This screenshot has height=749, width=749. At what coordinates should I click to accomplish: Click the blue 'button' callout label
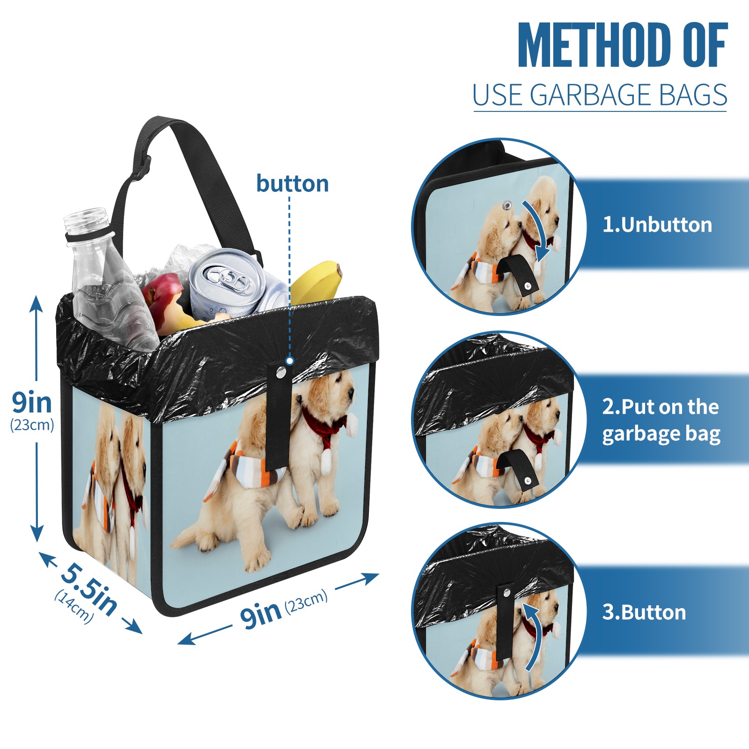(x=293, y=184)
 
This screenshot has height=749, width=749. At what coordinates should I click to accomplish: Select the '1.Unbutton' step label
(x=657, y=225)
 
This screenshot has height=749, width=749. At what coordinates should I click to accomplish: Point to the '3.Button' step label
(x=644, y=612)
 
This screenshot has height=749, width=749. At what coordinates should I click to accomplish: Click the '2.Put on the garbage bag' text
(x=661, y=420)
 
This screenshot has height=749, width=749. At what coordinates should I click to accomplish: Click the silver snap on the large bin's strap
(x=281, y=373)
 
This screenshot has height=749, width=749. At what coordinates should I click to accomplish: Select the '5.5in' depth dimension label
(x=89, y=588)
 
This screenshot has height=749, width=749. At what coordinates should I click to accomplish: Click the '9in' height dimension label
(x=32, y=402)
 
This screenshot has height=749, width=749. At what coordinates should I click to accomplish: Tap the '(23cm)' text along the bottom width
(x=307, y=602)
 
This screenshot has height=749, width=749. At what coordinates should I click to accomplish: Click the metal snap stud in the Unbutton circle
(x=507, y=205)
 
